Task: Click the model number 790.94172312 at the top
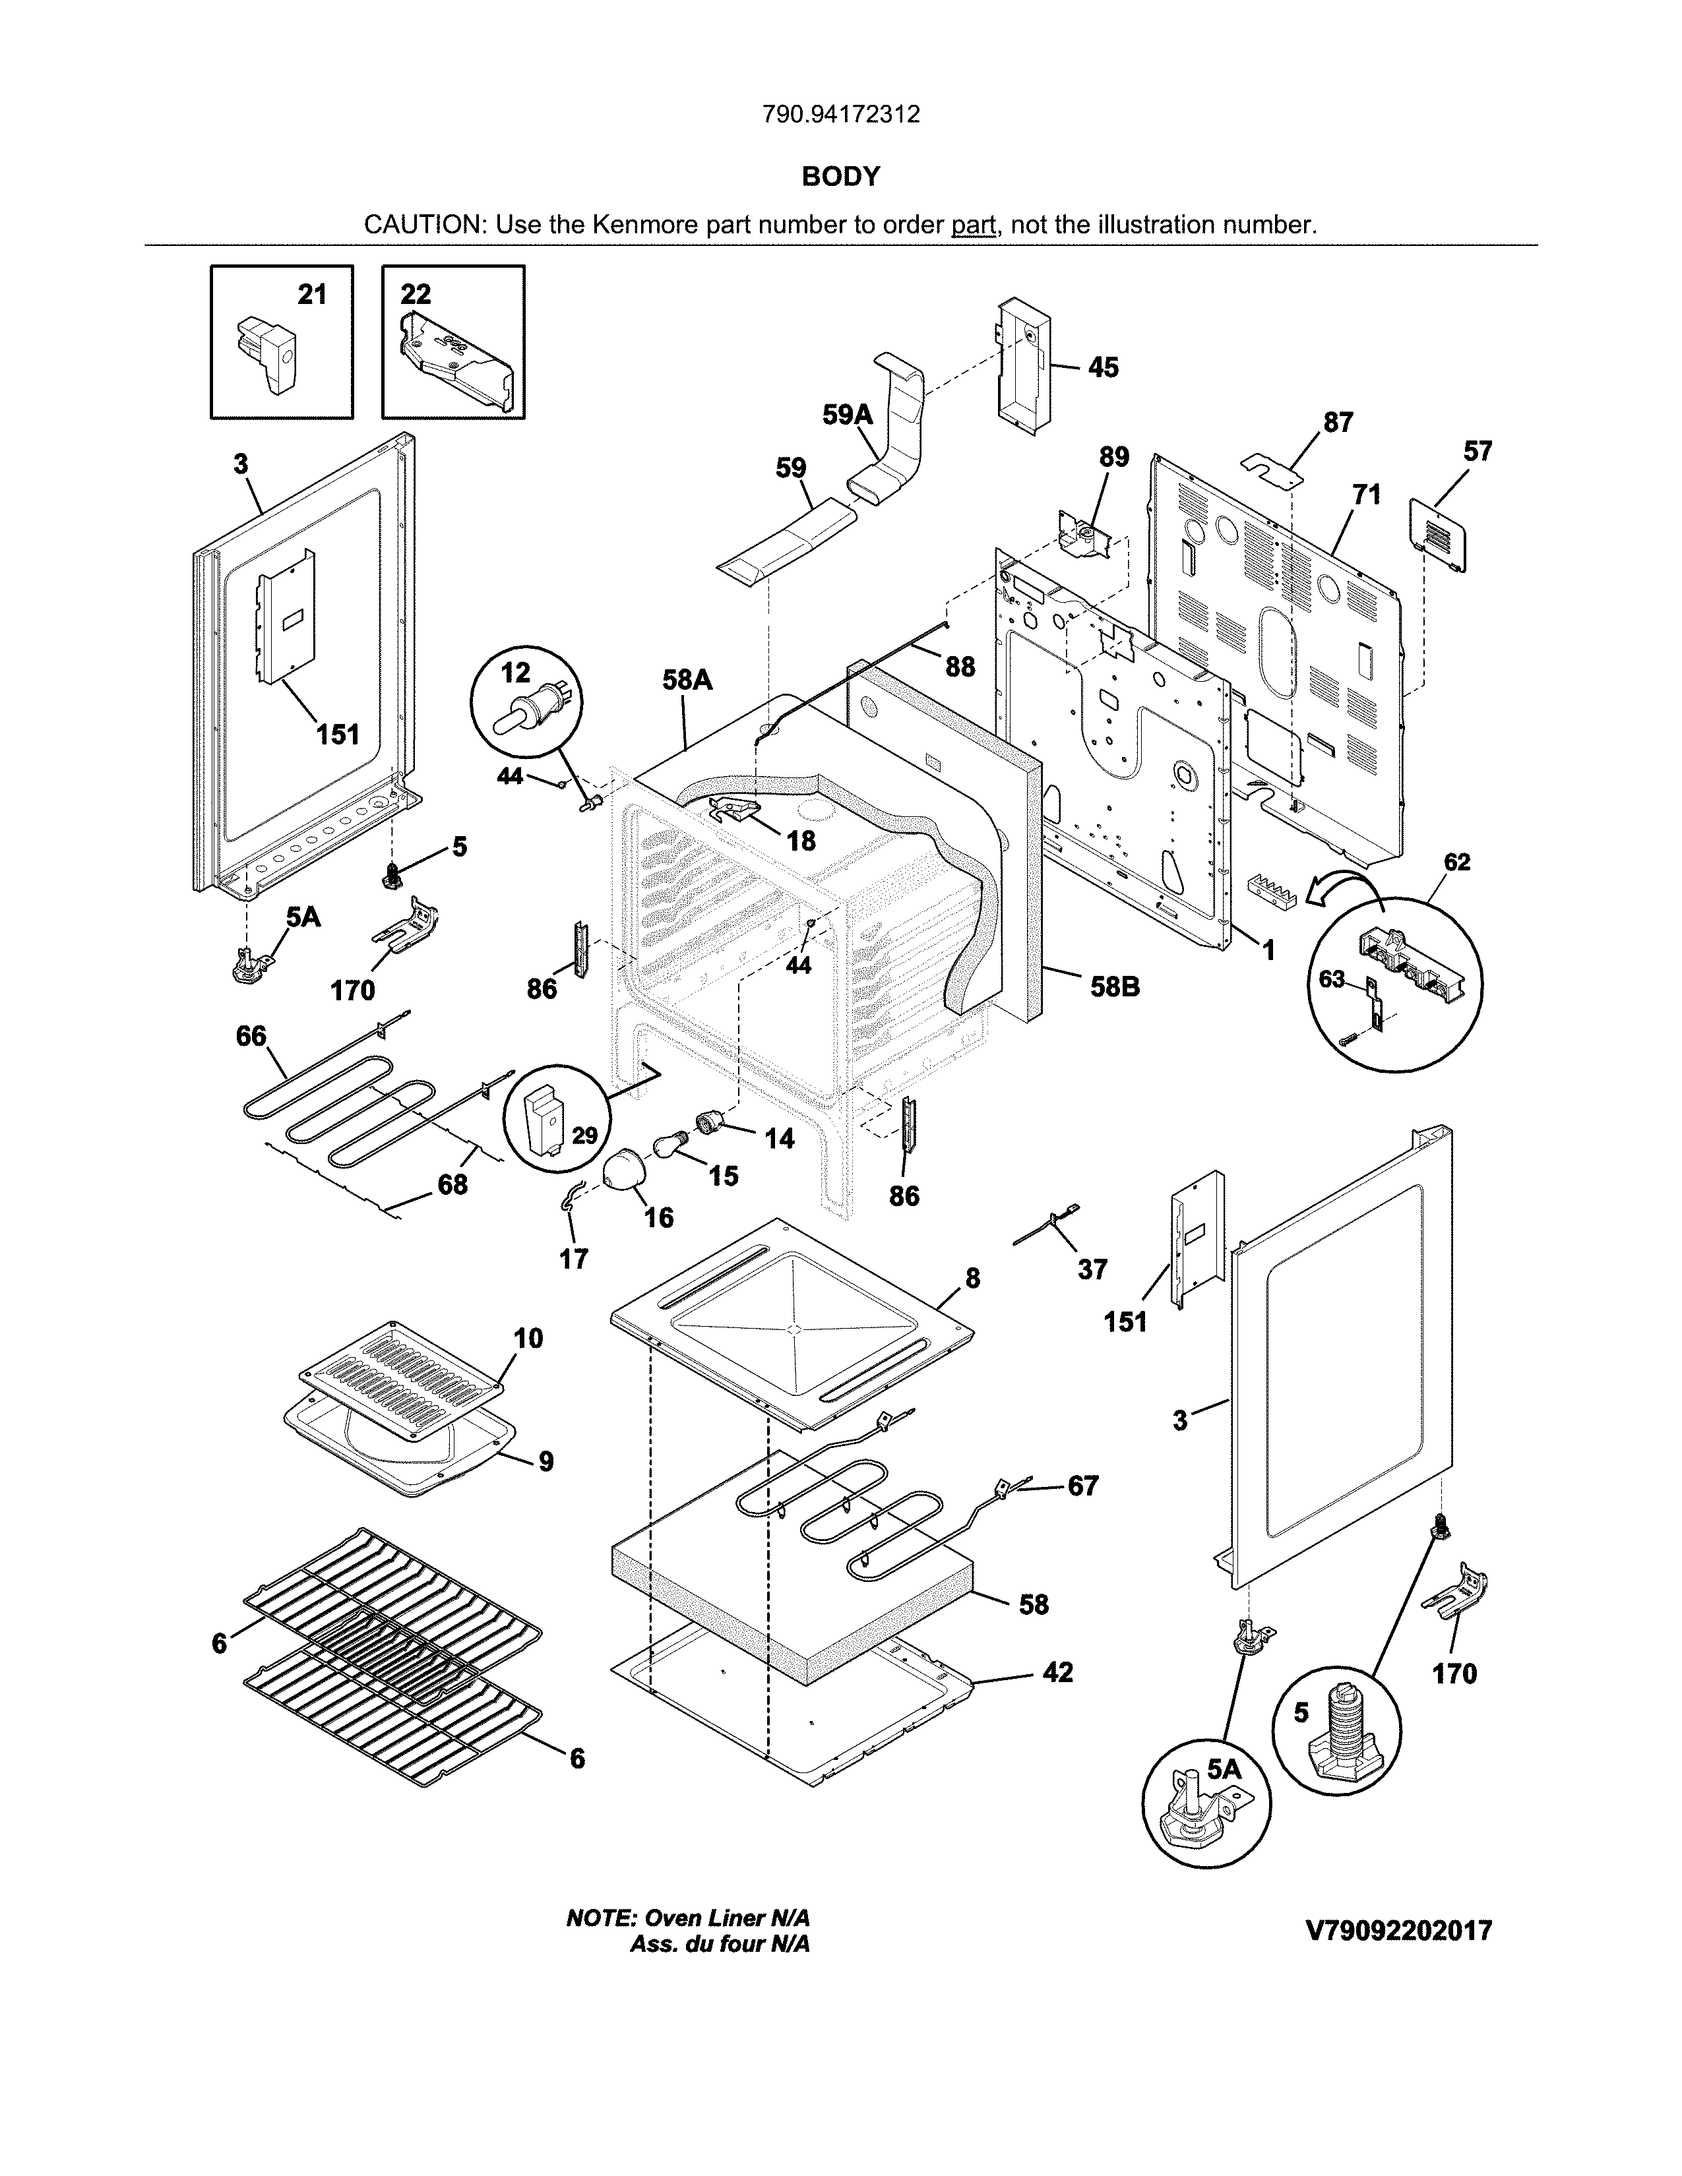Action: point(840,115)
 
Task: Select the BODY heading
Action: point(840,176)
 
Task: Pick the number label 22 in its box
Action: point(416,294)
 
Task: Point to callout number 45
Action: point(1103,368)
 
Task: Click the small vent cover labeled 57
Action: point(1438,534)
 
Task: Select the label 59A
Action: point(847,415)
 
